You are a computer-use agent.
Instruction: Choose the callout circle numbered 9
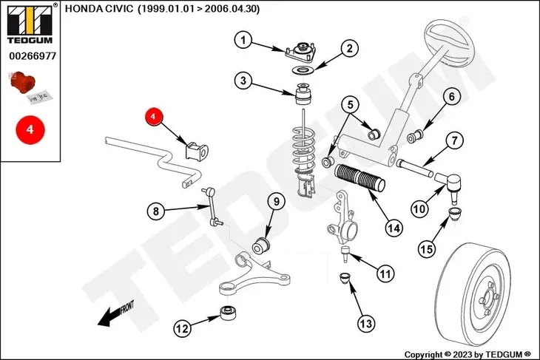tap(274, 201)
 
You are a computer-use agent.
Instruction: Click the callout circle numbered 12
tap(182, 327)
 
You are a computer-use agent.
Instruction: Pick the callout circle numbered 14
tap(394, 228)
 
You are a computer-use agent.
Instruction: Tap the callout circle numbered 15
tap(427, 250)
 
